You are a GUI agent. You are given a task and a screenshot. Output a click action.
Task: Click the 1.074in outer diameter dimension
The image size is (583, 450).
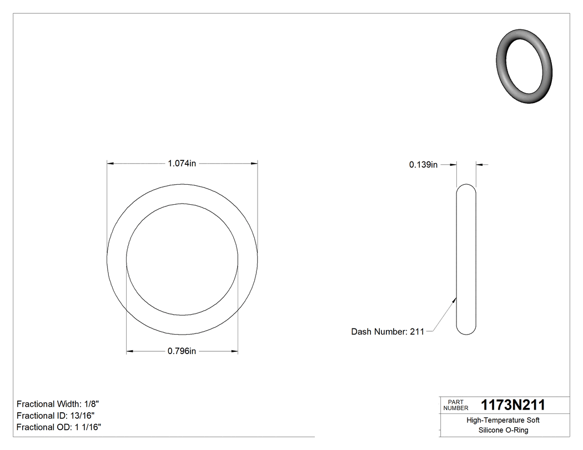point(182,164)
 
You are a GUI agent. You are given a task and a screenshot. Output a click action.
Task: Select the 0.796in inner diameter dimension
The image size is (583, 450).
point(182,351)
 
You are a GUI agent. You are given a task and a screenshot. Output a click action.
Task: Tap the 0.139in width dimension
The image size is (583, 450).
point(423,164)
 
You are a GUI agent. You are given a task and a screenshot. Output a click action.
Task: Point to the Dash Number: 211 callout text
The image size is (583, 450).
point(388,332)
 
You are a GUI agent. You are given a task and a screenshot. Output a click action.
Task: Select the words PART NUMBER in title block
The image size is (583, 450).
point(455,405)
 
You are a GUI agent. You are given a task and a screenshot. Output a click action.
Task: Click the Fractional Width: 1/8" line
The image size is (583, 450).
point(58,404)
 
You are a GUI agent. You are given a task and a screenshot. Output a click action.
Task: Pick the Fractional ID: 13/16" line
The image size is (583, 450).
point(56,416)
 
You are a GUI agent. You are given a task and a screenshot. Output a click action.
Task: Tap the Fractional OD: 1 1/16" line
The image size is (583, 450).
point(59,427)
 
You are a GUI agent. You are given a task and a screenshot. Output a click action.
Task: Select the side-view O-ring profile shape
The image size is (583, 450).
point(466,259)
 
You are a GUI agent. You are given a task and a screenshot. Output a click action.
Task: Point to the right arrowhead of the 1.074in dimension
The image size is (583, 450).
point(254,164)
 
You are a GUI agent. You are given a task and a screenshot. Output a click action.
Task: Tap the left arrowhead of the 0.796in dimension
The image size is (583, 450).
point(130,351)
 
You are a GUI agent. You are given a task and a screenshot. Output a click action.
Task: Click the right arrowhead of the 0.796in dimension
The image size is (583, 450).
point(234,351)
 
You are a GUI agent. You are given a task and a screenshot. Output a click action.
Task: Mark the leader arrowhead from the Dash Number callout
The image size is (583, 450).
point(455,300)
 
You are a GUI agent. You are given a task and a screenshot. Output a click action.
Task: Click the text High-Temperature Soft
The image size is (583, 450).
point(502,421)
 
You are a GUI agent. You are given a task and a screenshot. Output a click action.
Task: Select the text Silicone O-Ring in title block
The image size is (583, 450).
point(502,431)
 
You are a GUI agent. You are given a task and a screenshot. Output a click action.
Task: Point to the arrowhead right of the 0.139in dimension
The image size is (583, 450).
point(480,164)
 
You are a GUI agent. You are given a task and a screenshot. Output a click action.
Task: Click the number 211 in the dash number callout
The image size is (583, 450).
point(417,332)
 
